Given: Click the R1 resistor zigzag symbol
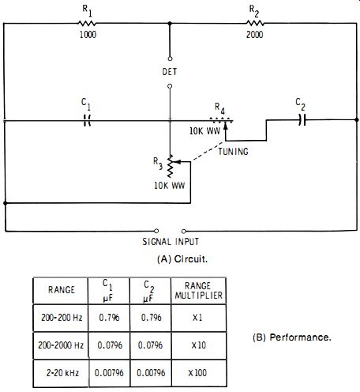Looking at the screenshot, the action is (87, 24).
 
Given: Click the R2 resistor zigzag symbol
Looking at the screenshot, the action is (255, 23).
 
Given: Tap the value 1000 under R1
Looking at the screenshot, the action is (88, 35).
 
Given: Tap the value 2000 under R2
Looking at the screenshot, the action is (254, 35).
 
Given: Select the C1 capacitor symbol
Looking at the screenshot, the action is (87, 121).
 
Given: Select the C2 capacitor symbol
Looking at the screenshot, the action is (302, 120).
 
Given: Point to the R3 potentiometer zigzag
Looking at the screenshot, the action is (171, 166).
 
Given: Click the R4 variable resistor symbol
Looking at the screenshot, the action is (221, 121).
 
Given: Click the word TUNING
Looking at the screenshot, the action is (233, 152).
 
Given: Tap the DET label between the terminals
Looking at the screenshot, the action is (170, 72).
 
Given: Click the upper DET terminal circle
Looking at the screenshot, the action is (170, 58).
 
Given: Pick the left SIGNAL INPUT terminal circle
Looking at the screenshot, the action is (156, 231).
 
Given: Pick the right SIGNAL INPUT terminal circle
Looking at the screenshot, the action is (184, 232).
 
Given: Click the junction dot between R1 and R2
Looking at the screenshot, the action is (170, 24).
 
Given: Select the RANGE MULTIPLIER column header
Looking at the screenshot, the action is (199, 291).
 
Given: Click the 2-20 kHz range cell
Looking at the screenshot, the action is (62, 373).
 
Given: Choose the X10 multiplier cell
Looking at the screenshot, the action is (199, 345).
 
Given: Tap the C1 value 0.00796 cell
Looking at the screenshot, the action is (109, 373).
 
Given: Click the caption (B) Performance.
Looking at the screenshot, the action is (292, 337).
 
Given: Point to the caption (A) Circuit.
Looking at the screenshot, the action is (182, 259).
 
